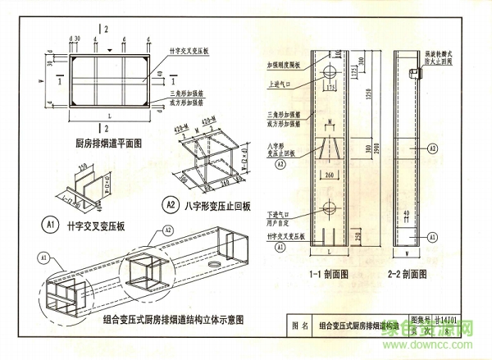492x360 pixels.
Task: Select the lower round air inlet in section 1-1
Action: pos(332,207)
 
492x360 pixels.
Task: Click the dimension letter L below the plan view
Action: pos(109,118)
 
